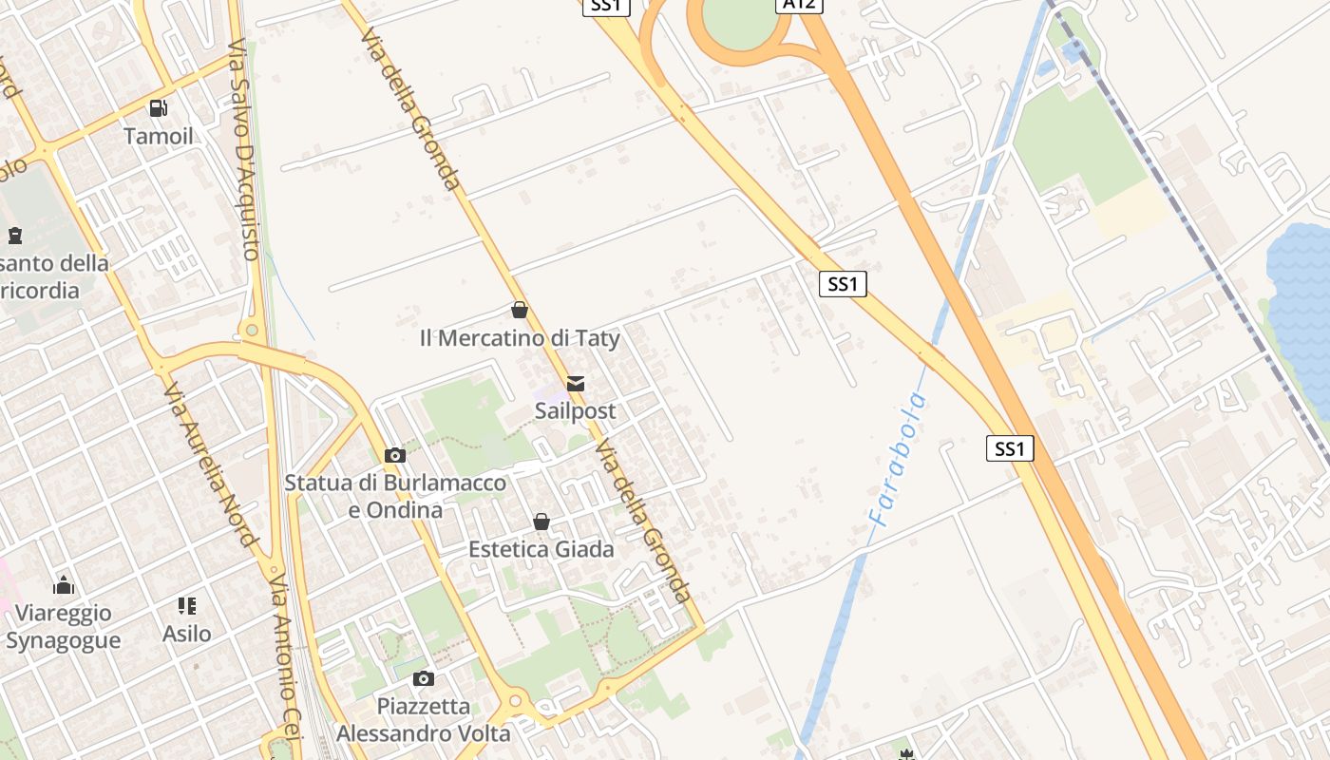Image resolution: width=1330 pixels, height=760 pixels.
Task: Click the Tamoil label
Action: pyautogui.click(x=158, y=136)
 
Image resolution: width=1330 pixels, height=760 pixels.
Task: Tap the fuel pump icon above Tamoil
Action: pyautogui.click(x=158, y=108)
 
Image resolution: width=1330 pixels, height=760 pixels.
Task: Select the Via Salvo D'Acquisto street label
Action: pyautogui.click(x=244, y=149)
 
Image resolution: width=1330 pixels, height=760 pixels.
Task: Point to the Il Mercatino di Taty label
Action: pyautogui.click(x=520, y=338)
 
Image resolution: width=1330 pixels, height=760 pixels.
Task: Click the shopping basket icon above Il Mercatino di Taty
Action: pyautogui.click(x=520, y=310)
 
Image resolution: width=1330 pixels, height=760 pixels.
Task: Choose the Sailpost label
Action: pyautogui.click(x=575, y=411)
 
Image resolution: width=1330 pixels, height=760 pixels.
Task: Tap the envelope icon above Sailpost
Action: pyautogui.click(x=575, y=384)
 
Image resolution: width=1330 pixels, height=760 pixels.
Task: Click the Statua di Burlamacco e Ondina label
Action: pyautogui.click(x=395, y=496)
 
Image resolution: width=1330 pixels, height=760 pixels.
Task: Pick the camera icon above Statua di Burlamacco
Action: pyautogui.click(x=395, y=456)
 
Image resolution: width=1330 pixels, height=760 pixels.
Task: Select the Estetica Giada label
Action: pyautogui.click(x=541, y=549)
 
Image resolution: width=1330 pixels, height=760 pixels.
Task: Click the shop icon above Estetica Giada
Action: pyautogui.click(x=541, y=522)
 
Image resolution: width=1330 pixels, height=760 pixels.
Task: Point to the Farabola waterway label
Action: pyautogui.click(x=898, y=461)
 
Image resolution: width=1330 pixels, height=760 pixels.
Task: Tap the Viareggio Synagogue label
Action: pyautogui.click(x=64, y=626)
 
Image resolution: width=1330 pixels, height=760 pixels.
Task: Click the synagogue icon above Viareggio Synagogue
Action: pyautogui.click(x=64, y=584)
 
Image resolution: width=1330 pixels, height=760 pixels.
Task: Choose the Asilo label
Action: pyautogui.click(x=187, y=633)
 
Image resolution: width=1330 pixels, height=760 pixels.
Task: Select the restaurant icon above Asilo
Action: pyautogui.click(x=187, y=605)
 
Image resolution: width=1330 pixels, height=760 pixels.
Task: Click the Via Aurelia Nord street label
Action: pyautogui.click(x=210, y=465)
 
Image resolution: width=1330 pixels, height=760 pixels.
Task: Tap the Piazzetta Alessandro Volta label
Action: pyautogui.click(x=424, y=720)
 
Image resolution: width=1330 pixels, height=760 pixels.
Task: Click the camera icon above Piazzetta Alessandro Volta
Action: pyautogui.click(x=424, y=678)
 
